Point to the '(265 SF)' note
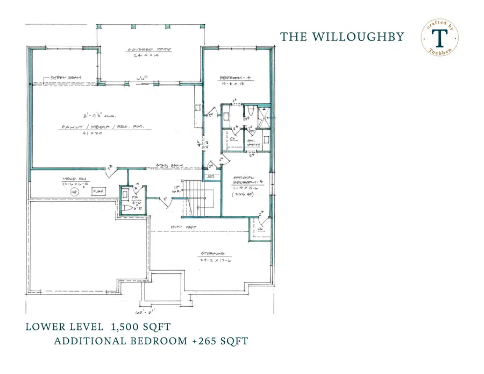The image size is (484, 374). pos(243,196)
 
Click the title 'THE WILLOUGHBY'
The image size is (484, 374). pos(342,37)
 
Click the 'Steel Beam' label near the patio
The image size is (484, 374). pos(66,78)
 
